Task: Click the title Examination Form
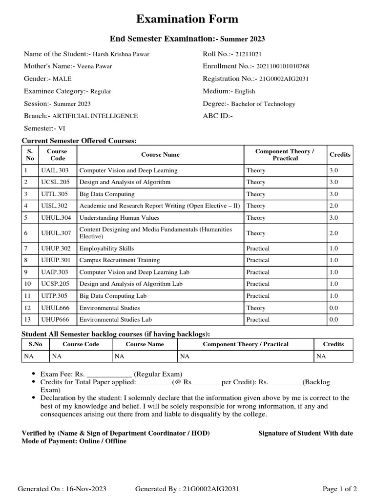pyautogui.click(x=187, y=19)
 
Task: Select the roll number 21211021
pyautogui.click(x=251, y=54)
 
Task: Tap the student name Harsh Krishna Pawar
pyautogui.click(x=121, y=54)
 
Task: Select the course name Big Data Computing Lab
pyautogui.click(x=113, y=296)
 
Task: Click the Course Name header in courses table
pyautogui.click(x=160, y=155)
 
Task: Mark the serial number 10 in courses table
pyautogui.click(x=28, y=284)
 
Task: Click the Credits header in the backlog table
pyautogui.click(x=333, y=344)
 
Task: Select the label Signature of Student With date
pyautogui.click(x=305, y=433)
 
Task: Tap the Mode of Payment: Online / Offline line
pyautogui.click(x=74, y=441)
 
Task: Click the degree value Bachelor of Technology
pyautogui.click(x=263, y=104)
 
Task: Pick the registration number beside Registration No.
pyautogui.click(x=284, y=79)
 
